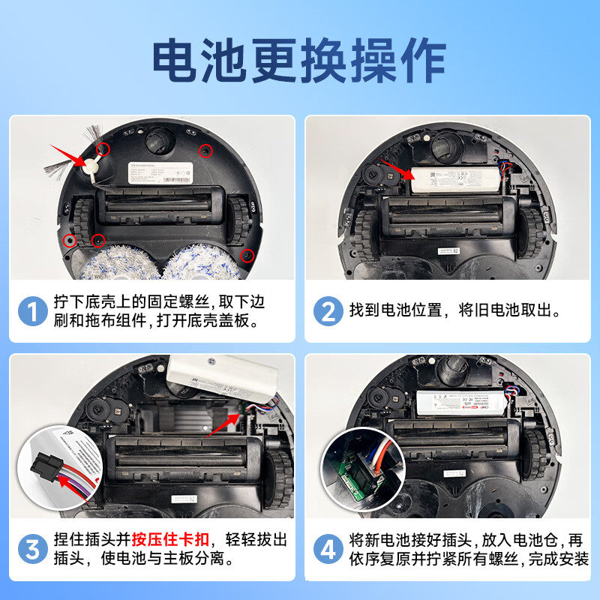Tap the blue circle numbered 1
tap(32, 311)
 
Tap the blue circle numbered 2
tap(328, 311)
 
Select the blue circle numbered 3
tap(32, 550)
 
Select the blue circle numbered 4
tap(328, 550)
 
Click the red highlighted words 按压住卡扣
tap(172, 539)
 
